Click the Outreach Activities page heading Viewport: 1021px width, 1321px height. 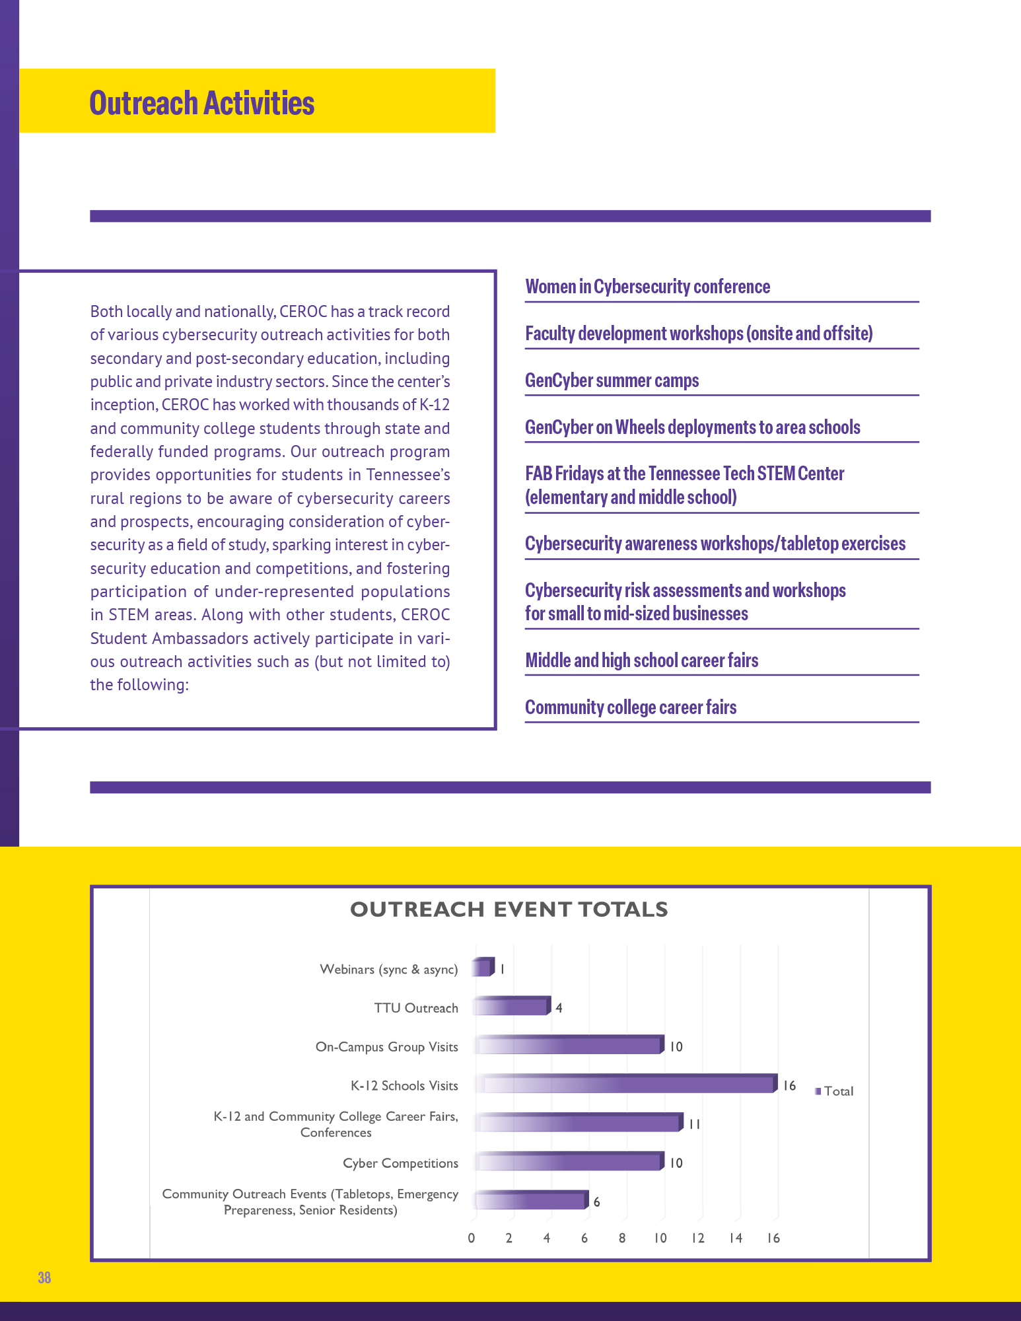click(x=201, y=103)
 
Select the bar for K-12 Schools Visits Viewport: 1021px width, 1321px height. click(x=624, y=1085)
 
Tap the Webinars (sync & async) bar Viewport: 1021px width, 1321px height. click(x=483, y=968)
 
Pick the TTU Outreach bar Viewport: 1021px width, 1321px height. click(x=511, y=1007)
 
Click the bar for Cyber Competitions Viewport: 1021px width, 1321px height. click(x=568, y=1162)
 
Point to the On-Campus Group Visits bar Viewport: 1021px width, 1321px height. click(x=568, y=1046)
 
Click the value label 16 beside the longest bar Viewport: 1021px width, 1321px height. click(x=789, y=1085)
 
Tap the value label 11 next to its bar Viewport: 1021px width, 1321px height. click(x=694, y=1124)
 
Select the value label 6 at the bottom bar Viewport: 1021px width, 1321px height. click(x=596, y=1202)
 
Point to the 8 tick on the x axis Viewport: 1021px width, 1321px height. click(x=622, y=1238)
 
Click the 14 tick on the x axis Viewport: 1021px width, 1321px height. click(x=736, y=1238)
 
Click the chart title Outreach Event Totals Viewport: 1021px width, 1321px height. click(x=509, y=910)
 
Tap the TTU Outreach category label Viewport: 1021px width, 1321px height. click(x=416, y=1008)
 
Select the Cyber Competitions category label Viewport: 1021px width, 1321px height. click(x=400, y=1163)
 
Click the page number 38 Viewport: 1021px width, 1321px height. click(x=44, y=1277)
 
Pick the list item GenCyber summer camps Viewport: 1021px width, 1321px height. click(x=612, y=381)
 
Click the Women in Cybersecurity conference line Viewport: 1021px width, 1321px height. click(x=647, y=287)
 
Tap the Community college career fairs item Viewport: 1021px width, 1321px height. click(x=631, y=707)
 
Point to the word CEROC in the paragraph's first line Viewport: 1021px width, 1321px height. click(x=301, y=312)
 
